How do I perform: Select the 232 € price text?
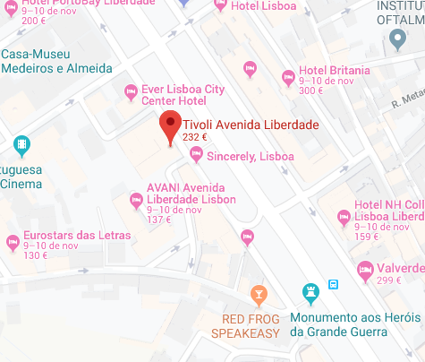pyautogui.click(x=194, y=138)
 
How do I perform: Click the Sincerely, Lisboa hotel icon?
pyautogui.click(x=196, y=156)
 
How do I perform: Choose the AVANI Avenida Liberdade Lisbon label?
pyautogui.click(x=191, y=192)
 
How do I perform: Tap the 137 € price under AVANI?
pyautogui.click(x=158, y=220)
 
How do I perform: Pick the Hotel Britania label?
pyautogui.click(x=335, y=71)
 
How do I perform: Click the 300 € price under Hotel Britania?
pyautogui.click(x=310, y=90)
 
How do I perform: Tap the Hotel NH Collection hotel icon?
pyautogui.click(x=342, y=216)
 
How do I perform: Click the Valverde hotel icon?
pyautogui.click(x=365, y=269)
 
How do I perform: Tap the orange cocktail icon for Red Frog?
pyautogui.click(x=258, y=294)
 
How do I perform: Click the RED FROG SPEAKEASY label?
pyautogui.click(x=245, y=326)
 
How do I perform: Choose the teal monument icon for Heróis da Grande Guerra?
pyautogui.click(x=310, y=293)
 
